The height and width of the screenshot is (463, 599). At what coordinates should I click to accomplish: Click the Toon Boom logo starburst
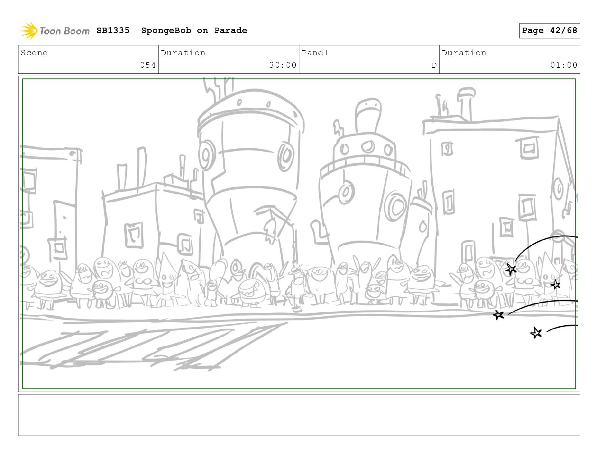29,31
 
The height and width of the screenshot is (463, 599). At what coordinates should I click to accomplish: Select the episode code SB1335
113,30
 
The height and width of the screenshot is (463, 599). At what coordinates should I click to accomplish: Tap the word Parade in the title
230,30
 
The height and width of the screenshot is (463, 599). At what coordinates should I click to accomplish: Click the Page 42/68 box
549,31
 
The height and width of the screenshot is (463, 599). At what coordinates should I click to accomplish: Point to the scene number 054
148,65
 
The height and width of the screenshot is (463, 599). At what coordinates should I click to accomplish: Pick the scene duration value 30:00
282,65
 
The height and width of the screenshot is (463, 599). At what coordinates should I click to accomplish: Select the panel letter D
434,65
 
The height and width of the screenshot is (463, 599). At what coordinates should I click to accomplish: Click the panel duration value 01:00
564,65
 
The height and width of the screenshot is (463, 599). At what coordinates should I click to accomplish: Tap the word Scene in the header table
34,53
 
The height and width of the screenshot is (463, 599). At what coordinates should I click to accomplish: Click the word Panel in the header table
315,53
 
